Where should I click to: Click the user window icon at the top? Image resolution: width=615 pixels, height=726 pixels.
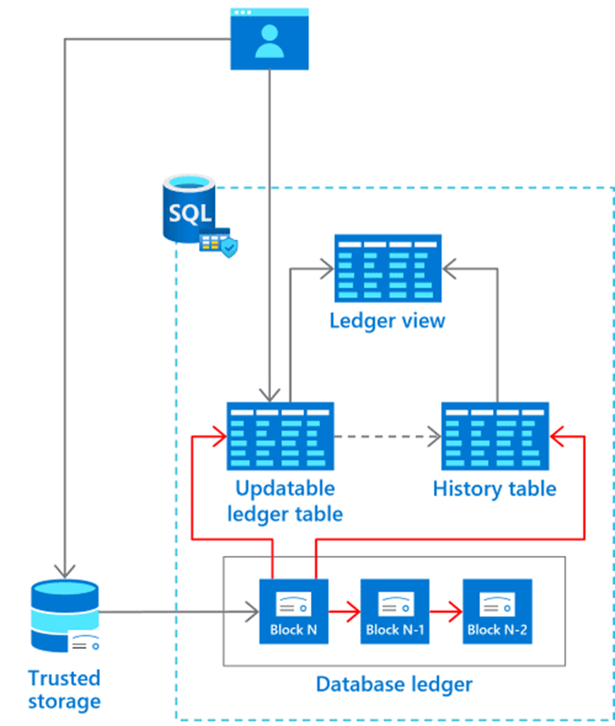pos(269,39)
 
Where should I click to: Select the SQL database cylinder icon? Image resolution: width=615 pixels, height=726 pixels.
pos(189,209)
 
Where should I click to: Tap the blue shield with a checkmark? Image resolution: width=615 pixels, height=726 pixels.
pos(229,247)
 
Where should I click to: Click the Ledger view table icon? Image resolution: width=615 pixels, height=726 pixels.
pos(388,269)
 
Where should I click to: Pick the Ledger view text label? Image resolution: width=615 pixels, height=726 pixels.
pos(387,320)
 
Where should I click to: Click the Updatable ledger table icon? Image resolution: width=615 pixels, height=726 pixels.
pos(280,436)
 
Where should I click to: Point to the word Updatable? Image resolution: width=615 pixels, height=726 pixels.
pos(285,488)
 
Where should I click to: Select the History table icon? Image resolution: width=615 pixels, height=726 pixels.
pos(495,436)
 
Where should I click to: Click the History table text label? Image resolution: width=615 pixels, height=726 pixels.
pos(495,489)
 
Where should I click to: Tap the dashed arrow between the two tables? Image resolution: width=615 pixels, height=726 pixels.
pos(387,436)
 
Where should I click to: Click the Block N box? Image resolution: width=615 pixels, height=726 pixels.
pos(294,611)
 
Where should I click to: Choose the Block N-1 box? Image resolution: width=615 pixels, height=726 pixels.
pos(395,611)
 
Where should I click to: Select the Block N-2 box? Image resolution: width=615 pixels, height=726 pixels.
pos(498,611)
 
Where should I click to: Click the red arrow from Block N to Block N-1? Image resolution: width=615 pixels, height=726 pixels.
pos(345,612)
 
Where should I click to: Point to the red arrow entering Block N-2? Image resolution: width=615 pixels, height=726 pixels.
pos(446,612)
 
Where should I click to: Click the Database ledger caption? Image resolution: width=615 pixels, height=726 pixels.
pos(394,684)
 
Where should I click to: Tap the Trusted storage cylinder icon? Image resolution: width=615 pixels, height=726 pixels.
pos(65,616)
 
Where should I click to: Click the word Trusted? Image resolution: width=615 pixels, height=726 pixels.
pos(65,678)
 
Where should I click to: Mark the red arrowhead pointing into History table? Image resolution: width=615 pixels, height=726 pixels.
pos(556,436)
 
